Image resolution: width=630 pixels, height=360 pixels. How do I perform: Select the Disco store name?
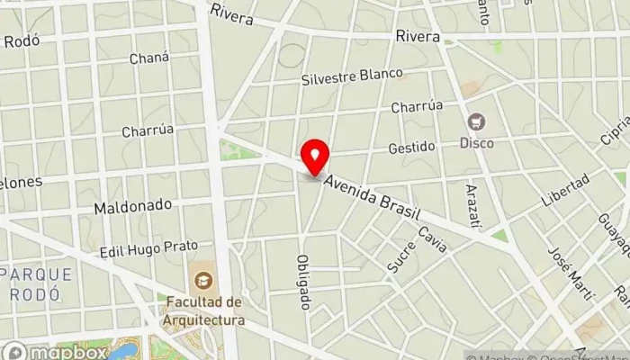[x=476, y=142]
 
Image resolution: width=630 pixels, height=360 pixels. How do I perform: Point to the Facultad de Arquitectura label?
[x=204, y=310]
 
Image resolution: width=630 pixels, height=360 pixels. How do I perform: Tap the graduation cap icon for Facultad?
[x=203, y=280]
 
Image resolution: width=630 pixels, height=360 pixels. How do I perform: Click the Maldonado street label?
[x=132, y=206]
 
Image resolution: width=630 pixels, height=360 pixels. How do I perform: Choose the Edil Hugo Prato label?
[x=148, y=247]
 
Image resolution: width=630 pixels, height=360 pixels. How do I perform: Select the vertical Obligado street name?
[x=303, y=282]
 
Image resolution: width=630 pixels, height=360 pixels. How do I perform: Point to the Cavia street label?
[x=432, y=239]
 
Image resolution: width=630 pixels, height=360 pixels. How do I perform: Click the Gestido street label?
[x=411, y=147]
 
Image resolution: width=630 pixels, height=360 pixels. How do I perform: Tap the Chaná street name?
[x=148, y=58]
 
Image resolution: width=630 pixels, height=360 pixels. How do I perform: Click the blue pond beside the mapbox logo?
[x=123, y=350]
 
